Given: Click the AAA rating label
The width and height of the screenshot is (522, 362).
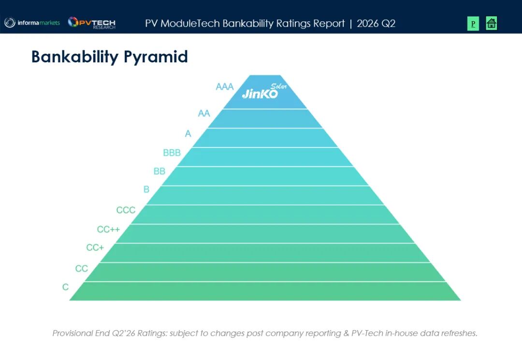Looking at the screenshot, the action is point(225,87).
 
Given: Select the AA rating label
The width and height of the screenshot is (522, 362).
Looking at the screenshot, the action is point(204,114).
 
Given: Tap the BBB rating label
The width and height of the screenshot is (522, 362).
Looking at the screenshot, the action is point(172,153).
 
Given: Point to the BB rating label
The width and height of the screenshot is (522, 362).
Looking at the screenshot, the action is point(159,171).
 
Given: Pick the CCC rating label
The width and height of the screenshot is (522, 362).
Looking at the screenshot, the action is point(126,210).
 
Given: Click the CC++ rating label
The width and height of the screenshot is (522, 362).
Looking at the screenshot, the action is point(108,230).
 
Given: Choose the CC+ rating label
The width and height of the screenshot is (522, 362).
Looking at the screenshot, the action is point(95,248).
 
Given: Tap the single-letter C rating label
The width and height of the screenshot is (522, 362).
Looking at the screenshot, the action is point(66,287).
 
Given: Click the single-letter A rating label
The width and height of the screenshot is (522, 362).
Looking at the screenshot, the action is point(188,134).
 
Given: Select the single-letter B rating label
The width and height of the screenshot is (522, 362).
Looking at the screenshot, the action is point(146,189).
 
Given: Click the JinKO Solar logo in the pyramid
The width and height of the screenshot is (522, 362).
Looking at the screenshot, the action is point(264,91).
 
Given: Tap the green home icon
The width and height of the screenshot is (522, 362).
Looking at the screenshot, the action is point(492,23).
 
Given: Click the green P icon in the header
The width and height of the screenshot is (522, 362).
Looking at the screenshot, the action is point(473,24).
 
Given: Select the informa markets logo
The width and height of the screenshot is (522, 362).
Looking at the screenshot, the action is point(32,23).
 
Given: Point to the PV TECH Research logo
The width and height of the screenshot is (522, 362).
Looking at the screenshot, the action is point(91,23).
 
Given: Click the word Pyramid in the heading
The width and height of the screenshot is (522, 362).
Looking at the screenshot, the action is point(156,57).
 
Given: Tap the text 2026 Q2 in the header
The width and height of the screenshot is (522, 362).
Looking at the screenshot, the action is point(376,24).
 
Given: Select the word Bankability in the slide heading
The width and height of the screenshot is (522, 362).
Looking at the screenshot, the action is point(75,57).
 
